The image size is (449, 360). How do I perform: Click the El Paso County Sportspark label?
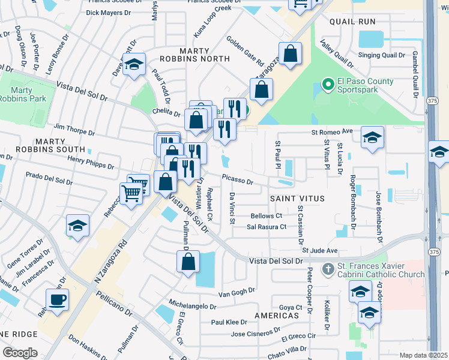tap(365, 86)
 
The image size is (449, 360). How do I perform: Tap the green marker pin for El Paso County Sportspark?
tap(328, 85)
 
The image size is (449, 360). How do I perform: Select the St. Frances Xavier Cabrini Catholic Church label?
tap(381, 270)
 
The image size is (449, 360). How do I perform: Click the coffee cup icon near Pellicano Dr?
tap(58, 300)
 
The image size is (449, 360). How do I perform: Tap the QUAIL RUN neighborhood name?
tap(352, 22)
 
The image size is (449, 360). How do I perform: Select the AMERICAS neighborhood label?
tap(277, 315)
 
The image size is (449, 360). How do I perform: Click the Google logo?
tap(20, 353)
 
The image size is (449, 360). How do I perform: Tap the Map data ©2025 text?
tap(423, 355)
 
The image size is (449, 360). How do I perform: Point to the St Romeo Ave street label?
tap(331, 131)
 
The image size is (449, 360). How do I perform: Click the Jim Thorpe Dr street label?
tap(74, 128)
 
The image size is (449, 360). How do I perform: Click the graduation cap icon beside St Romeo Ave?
tap(372, 137)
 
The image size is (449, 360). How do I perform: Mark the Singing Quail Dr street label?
tap(382, 55)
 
